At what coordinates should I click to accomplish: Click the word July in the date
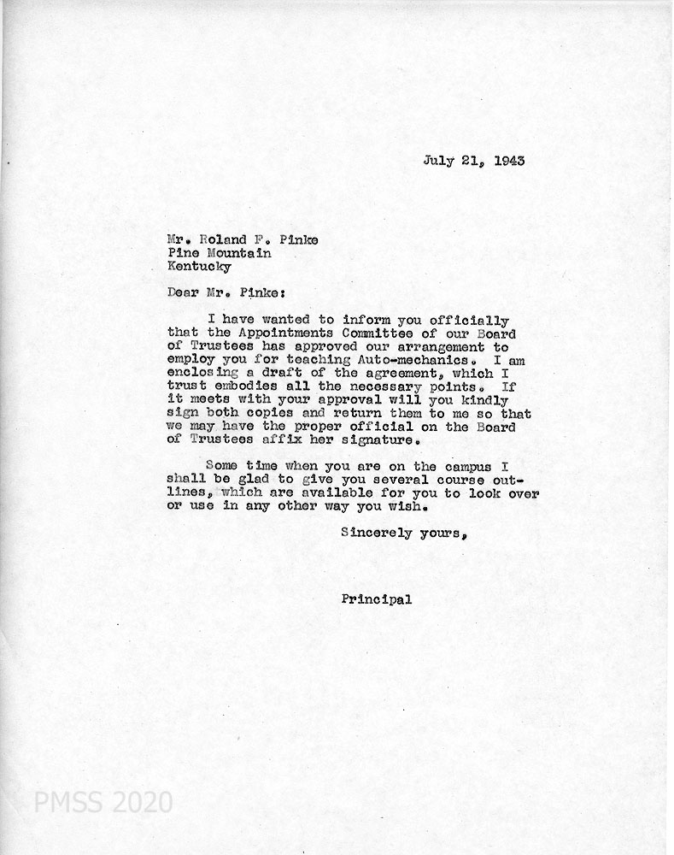point(437,160)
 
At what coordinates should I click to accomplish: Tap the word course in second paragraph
point(437,482)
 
